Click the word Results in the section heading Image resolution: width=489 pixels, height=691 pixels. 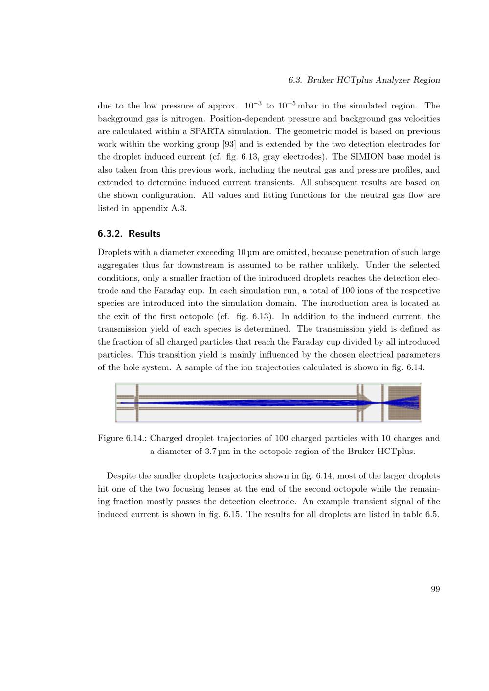(144, 234)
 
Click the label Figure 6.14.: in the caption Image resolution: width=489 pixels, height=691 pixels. (122, 438)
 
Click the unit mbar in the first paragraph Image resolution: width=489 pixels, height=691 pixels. (308, 106)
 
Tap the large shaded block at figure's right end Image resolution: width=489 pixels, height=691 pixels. (404, 403)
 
